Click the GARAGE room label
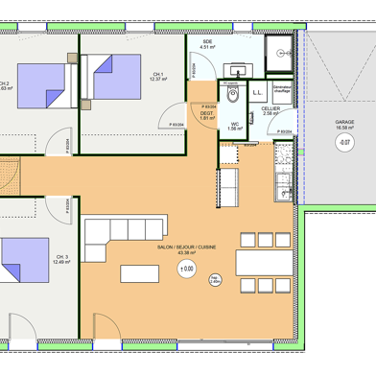click(x=344, y=123)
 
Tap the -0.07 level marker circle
click(x=343, y=143)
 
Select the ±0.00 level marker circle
click(x=186, y=270)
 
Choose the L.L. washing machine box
click(x=258, y=93)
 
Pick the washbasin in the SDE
click(x=236, y=68)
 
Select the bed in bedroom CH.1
click(x=112, y=76)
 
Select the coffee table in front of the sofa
click(x=144, y=272)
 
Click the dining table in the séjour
click(x=253, y=261)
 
